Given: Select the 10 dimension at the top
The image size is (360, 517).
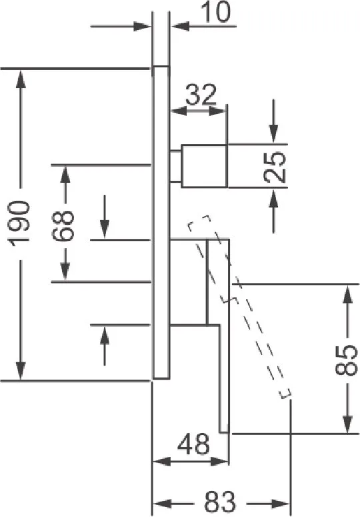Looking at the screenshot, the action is tap(216, 13).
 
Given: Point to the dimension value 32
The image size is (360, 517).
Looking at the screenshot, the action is tap(201, 94).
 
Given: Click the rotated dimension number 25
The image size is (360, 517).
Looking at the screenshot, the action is tap(275, 167).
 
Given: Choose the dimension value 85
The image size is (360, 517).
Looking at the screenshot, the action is tap(346, 360).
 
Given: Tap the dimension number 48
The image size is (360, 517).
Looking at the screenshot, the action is tap(193, 444).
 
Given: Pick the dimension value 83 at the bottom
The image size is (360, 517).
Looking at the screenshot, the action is tap(221, 502).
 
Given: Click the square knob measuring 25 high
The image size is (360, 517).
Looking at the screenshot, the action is tap(204, 166).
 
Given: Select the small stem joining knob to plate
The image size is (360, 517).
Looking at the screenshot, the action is tap(175, 166).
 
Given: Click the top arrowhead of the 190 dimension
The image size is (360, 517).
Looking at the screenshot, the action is tap(21, 79).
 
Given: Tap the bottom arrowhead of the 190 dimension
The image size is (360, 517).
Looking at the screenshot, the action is tap(21, 370).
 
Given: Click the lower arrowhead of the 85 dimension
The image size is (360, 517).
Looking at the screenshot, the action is tap(347, 423).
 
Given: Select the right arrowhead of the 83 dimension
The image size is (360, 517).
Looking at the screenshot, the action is tap(280, 504).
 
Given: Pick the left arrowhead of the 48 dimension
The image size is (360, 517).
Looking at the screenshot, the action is tap(163, 461).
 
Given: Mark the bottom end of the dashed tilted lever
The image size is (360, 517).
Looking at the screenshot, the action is tap(285, 394).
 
